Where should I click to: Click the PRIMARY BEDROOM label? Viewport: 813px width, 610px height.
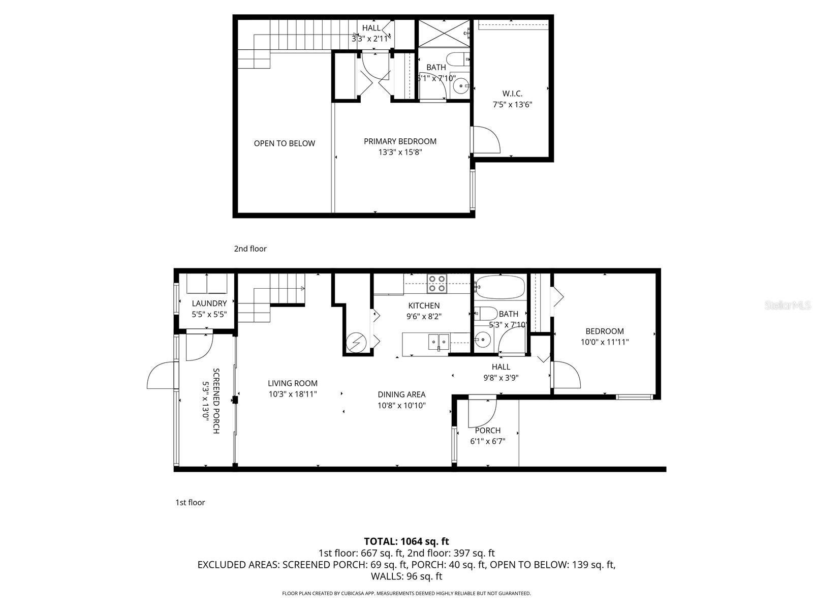tap(400, 141)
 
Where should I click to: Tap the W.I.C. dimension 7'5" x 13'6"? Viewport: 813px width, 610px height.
tap(512, 105)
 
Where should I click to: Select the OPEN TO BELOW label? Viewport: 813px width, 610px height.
tap(285, 143)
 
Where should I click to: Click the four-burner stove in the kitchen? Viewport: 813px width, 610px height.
tap(436, 284)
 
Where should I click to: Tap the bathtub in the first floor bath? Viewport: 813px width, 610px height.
tap(500, 287)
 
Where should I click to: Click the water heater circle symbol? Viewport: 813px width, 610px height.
tap(354, 342)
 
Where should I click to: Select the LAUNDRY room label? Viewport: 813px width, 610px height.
tap(209, 303)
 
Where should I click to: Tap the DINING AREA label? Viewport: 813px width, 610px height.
tap(401, 394)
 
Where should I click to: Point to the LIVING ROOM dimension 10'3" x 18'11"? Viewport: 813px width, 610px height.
tap(293, 393)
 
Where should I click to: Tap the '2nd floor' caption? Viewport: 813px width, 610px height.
tap(250, 249)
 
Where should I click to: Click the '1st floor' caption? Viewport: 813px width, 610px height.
tap(190, 502)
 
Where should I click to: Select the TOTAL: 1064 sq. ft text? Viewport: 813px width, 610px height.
tap(406, 541)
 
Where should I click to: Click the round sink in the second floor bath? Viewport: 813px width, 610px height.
tap(461, 86)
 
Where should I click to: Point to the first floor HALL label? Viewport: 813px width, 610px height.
tap(501, 367)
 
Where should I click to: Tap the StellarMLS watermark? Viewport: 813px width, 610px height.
tap(787, 305)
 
